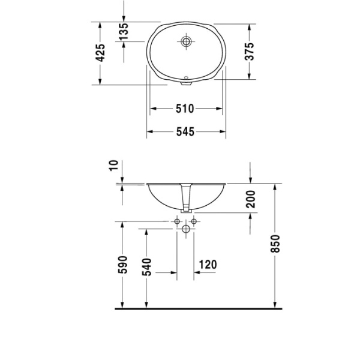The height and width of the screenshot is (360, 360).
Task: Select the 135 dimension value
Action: click(124, 32)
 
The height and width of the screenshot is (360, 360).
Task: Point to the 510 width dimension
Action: click(185, 109)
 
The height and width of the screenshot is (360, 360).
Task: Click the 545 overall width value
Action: click(185, 132)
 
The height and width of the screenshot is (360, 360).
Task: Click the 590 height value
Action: click(123, 264)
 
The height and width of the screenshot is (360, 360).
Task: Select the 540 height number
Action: click(148, 268)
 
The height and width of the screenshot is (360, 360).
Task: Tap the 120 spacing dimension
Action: click(206, 263)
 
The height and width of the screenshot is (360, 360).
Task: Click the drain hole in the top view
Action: click(186, 42)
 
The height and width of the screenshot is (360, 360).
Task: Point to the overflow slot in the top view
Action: click(186, 77)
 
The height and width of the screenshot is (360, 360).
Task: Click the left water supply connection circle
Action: click(178, 222)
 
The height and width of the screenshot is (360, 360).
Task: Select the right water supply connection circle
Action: click(194, 222)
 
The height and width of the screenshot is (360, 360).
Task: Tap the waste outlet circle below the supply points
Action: click(186, 230)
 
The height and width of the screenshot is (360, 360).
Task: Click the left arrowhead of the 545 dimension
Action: click(151, 131)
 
